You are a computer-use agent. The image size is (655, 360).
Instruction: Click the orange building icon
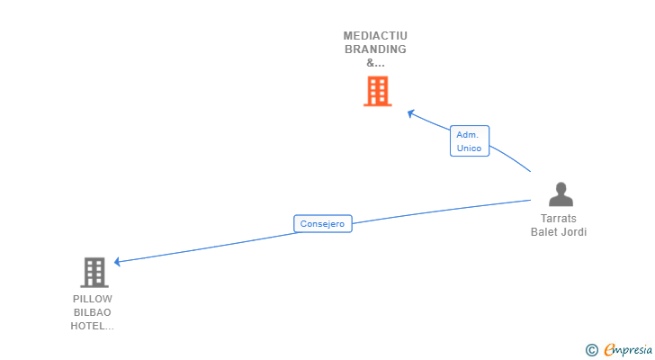(378, 91)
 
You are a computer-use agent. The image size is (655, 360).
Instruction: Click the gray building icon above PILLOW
(94, 272)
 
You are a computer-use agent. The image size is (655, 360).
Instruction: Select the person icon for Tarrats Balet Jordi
(561, 194)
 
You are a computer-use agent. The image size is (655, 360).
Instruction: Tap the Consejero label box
(323, 224)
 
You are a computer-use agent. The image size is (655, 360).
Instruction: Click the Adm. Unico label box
(470, 141)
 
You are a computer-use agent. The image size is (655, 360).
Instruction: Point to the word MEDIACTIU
(375, 36)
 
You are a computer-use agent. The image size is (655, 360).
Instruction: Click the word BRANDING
(375, 49)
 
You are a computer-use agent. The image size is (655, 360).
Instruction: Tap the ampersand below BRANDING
(375, 63)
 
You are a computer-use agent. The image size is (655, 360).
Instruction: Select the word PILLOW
(93, 299)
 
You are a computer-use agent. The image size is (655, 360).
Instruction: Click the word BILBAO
(93, 312)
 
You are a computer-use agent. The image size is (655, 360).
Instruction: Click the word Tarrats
(559, 219)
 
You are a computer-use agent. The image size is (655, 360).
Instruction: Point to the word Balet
(545, 232)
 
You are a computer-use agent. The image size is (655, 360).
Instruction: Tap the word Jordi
(574, 232)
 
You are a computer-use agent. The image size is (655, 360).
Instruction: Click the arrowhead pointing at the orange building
(410, 112)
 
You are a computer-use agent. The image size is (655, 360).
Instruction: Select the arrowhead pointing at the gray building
(118, 262)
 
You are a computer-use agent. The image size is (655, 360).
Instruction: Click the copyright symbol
(591, 350)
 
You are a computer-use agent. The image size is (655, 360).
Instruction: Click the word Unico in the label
(470, 148)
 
